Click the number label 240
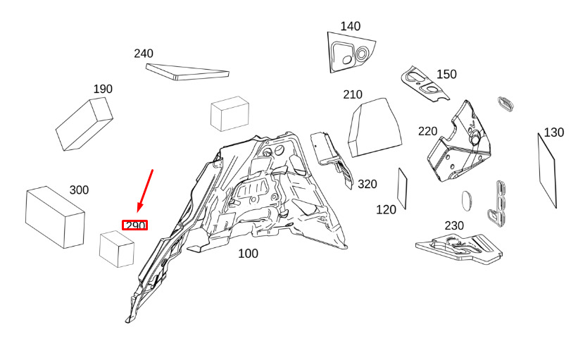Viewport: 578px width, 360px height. pos(144,54)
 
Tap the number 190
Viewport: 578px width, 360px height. pos(103,89)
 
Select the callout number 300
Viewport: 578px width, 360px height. pos(79,190)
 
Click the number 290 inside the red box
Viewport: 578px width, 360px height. pos(135,225)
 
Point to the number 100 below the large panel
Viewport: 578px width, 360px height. pos(248,254)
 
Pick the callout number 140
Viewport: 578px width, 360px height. pos(350,27)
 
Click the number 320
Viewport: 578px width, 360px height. pos(367,185)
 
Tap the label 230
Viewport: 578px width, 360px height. pos(454,225)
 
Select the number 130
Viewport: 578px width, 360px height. pos(553,132)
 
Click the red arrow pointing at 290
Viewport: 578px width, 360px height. pos(146,189)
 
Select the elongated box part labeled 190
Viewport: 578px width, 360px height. pos(84,125)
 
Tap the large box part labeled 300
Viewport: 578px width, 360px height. pos(55,217)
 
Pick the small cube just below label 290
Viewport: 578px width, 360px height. pos(117,249)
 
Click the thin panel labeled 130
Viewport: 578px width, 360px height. pos(548,170)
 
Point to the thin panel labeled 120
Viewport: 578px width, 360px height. pos(403,188)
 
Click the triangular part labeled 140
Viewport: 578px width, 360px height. pos(348,51)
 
